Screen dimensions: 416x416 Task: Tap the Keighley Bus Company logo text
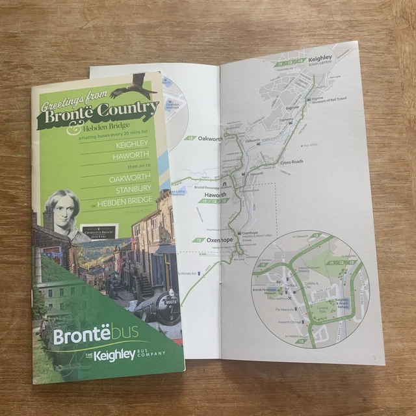click(123, 355)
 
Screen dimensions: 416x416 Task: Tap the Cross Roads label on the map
click(292, 161)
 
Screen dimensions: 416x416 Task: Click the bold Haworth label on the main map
click(215, 194)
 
